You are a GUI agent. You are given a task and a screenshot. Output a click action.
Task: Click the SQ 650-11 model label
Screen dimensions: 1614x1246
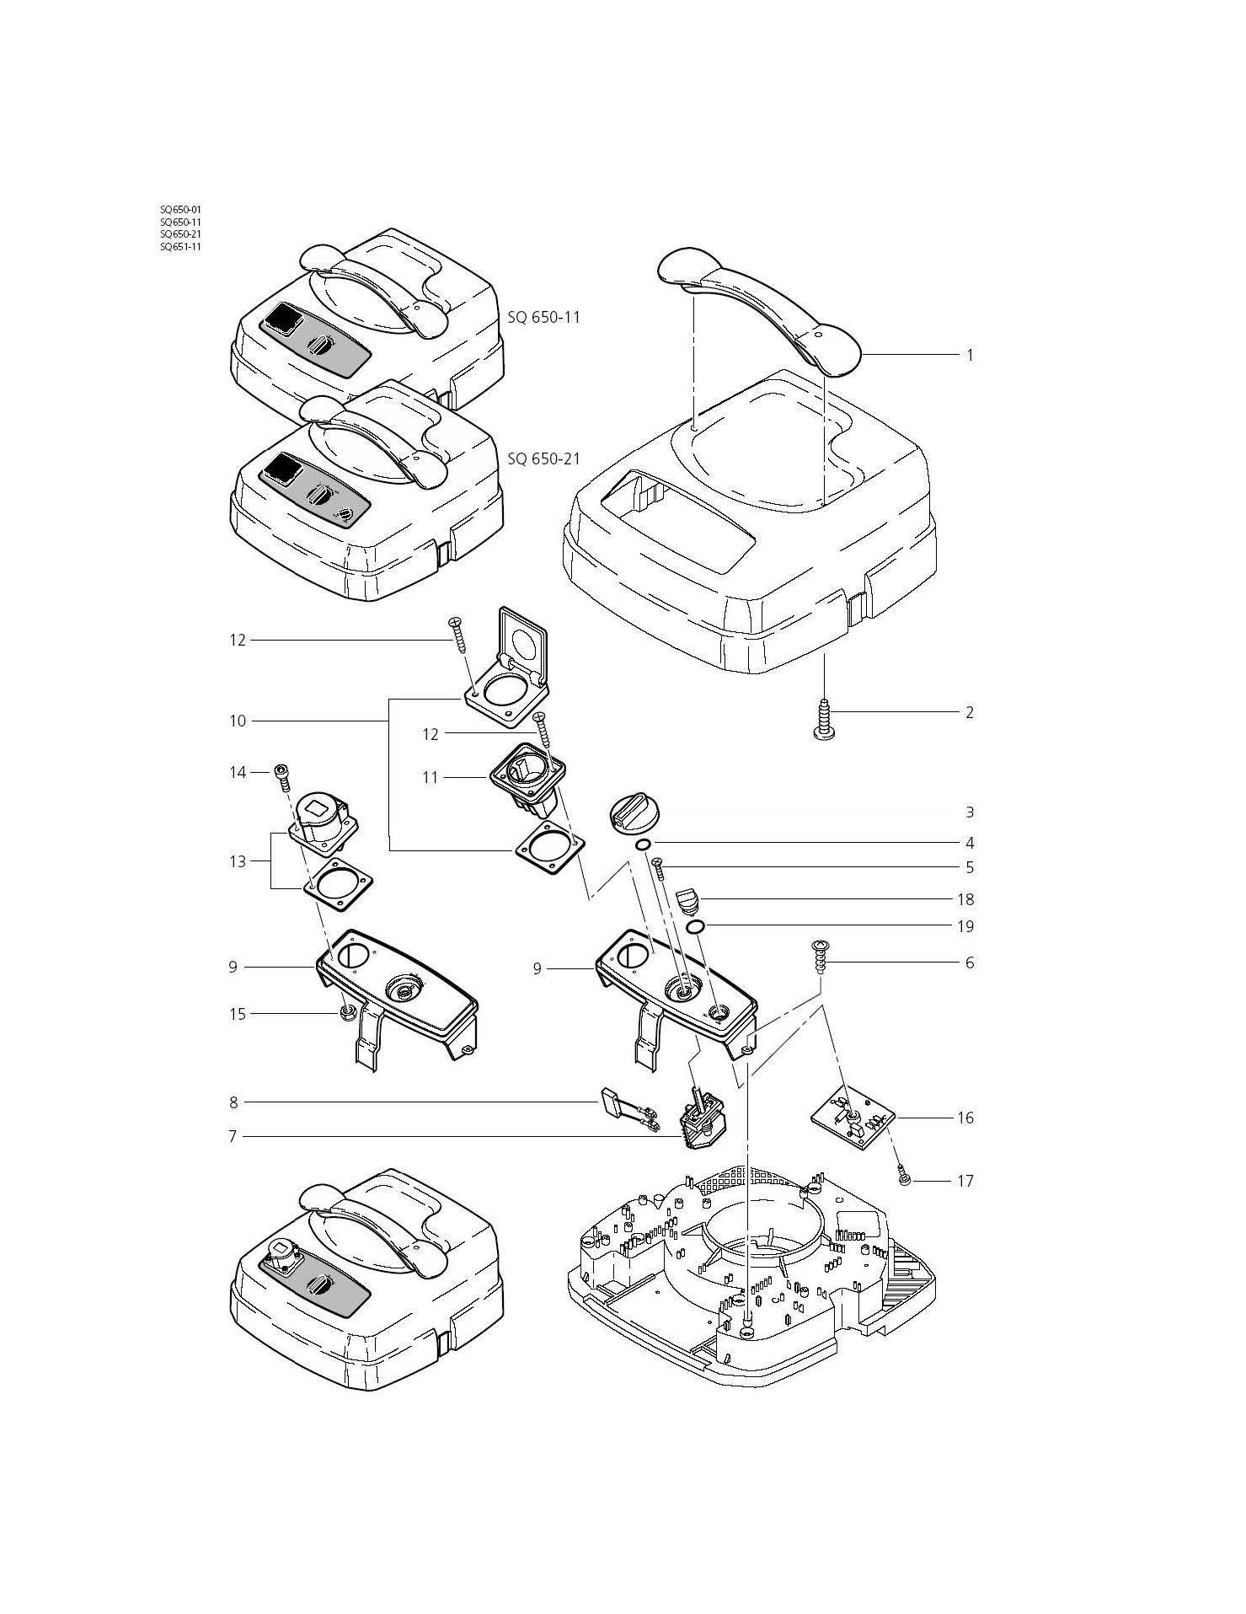click(543, 318)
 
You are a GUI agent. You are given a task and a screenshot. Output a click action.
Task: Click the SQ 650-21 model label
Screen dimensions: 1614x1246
click(543, 459)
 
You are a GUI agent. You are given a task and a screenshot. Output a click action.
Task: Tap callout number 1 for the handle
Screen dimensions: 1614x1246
click(970, 355)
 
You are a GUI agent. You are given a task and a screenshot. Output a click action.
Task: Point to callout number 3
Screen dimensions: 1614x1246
click(970, 812)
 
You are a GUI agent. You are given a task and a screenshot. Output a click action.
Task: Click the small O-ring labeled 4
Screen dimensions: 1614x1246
click(642, 845)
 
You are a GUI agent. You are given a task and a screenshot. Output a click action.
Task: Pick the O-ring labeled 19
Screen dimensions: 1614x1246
click(696, 927)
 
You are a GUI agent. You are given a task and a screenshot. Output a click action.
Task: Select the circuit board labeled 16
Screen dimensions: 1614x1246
click(851, 1121)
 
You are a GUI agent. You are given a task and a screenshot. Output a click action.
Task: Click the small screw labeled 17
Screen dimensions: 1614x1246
click(903, 1179)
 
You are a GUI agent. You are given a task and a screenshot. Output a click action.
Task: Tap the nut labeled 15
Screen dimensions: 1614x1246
click(345, 1011)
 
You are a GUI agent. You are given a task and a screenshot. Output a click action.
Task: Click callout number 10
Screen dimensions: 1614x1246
click(238, 721)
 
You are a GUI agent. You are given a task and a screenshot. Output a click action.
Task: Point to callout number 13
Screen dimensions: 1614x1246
click(238, 861)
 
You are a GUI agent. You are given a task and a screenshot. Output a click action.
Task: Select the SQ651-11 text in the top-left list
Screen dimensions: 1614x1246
click(180, 247)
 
